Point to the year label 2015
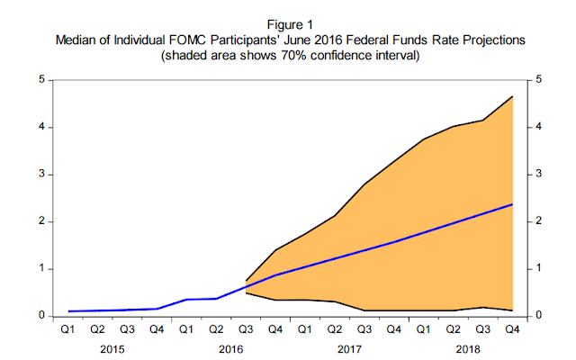tap(112, 347)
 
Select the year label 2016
tap(232, 347)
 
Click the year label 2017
tap(349, 347)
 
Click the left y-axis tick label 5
tap(41, 79)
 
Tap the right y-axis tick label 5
tap(539, 79)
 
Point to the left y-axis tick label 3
tap(41, 174)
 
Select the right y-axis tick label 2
tap(539, 221)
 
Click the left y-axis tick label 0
tap(41, 316)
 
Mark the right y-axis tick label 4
tap(539, 127)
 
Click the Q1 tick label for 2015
tap(68, 329)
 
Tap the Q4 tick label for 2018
tap(511, 329)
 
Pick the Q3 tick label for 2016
tap(246, 329)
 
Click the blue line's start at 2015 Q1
tap(68, 311)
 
